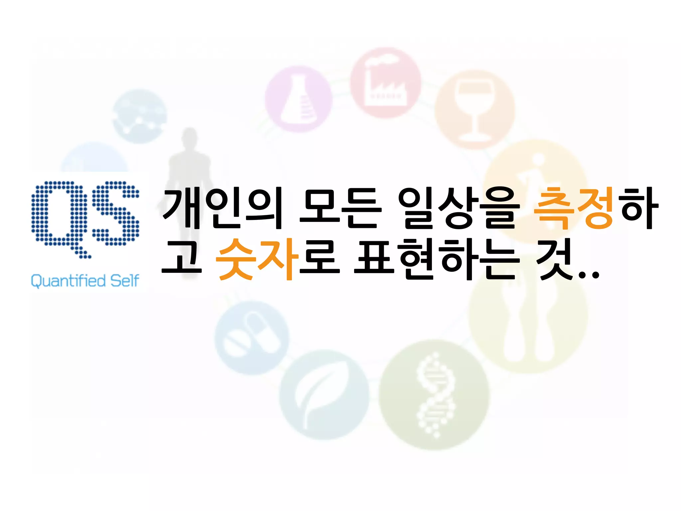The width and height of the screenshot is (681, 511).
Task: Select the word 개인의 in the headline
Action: point(222,208)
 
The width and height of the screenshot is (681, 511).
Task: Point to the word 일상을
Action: point(459,208)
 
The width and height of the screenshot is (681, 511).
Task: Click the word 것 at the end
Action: point(556,259)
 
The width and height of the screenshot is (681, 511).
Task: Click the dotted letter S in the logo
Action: point(115,213)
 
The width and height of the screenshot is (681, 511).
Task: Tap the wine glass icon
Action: point(475,110)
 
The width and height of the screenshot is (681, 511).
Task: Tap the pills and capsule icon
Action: point(252,338)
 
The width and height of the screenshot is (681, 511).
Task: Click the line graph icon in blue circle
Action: point(139,116)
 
